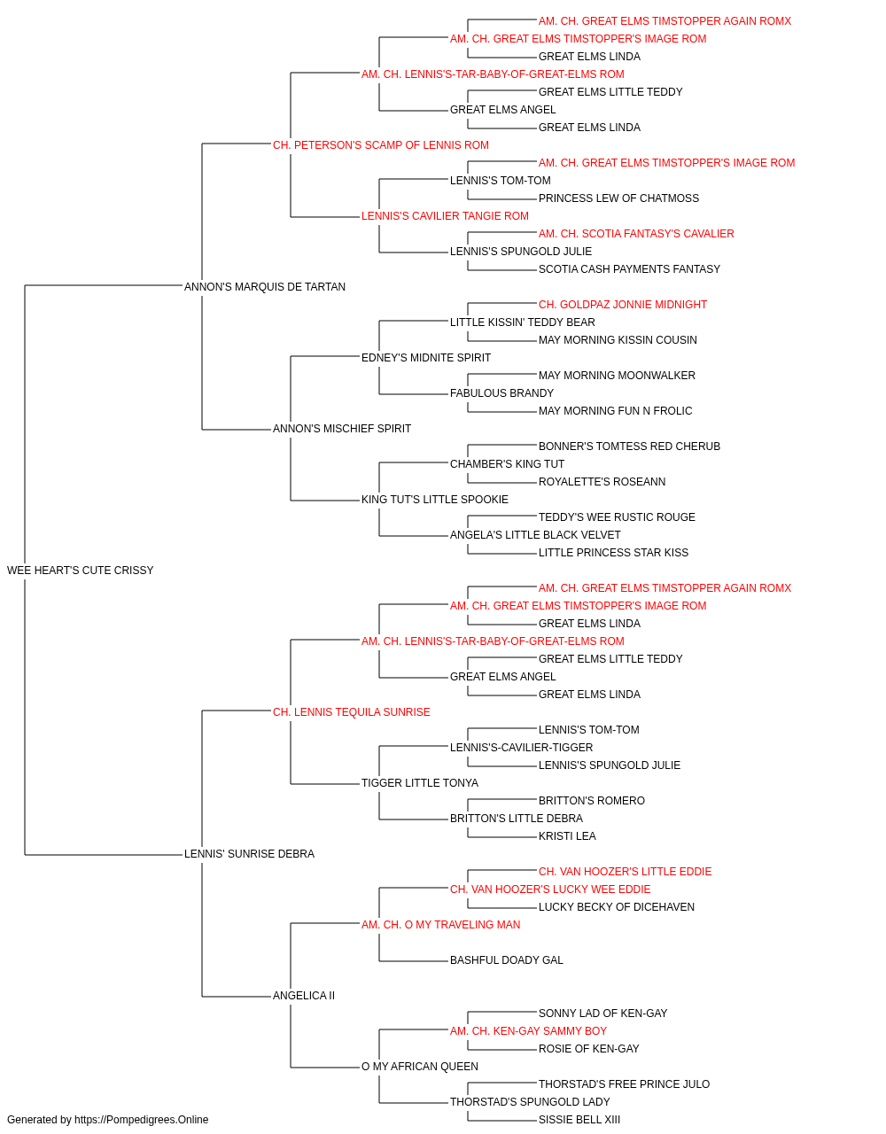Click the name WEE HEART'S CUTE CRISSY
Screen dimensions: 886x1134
point(81,571)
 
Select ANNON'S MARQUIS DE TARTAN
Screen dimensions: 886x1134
point(265,287)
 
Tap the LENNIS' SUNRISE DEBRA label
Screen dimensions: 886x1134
point(250,854)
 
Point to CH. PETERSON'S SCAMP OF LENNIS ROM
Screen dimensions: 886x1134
point(381,145)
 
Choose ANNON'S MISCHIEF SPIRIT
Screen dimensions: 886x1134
point(342,429)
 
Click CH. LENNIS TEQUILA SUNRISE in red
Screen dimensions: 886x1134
point(352,712)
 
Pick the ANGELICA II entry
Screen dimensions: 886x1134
point(304,996)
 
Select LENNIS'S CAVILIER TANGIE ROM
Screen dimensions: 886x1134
point(445,216)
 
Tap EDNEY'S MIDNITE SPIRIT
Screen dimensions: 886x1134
point(426,358)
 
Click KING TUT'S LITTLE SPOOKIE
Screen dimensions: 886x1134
point(435,500)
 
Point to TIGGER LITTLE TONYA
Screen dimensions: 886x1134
point(420,783)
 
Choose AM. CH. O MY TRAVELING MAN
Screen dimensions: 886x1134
point(441,925)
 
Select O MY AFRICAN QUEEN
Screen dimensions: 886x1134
point(420,1067)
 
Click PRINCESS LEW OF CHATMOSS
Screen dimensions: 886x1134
point(618,198)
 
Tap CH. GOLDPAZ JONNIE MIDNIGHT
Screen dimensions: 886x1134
point(623,305)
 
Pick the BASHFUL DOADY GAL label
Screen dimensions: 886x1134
point(507,960)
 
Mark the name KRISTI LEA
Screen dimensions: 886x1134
point(567,836)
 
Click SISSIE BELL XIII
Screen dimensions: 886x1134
point(579,1120)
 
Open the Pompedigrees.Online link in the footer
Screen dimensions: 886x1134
point(142,1120)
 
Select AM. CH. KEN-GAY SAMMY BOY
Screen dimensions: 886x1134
point(529,1031)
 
